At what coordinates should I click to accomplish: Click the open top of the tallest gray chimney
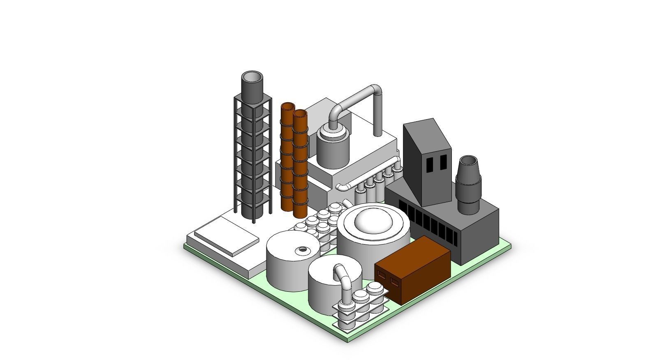(252, 77)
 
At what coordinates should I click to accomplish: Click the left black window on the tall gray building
(429, 165)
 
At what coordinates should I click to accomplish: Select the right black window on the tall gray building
(443, 162)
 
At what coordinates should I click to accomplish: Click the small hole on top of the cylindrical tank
(303, 249)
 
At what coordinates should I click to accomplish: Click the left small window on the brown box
(381, 276)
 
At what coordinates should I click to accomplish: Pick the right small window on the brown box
(395, 282)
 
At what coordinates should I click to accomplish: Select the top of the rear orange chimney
(288, 107)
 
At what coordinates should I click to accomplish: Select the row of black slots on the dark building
(426, 220)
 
